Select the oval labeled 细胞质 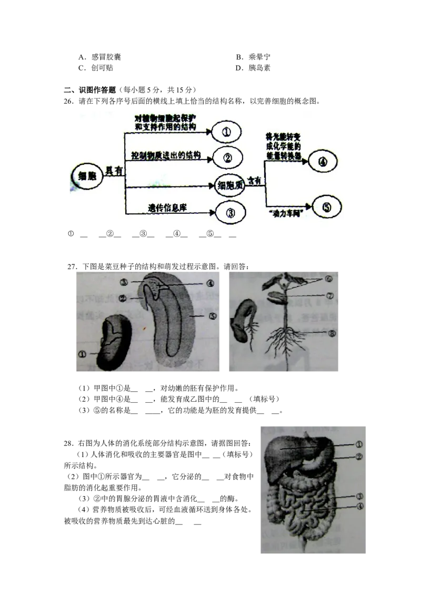tap(230, 185)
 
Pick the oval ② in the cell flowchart tap(227, 157)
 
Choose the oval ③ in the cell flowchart tap(230, 213)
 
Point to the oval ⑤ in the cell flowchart tap(327, 207)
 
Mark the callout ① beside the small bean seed tap(82, 354)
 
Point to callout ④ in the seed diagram tap(210, 283)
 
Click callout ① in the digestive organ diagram tap(359, 444)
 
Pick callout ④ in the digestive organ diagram tap(360, 507)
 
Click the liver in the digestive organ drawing tap(284, 450)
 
